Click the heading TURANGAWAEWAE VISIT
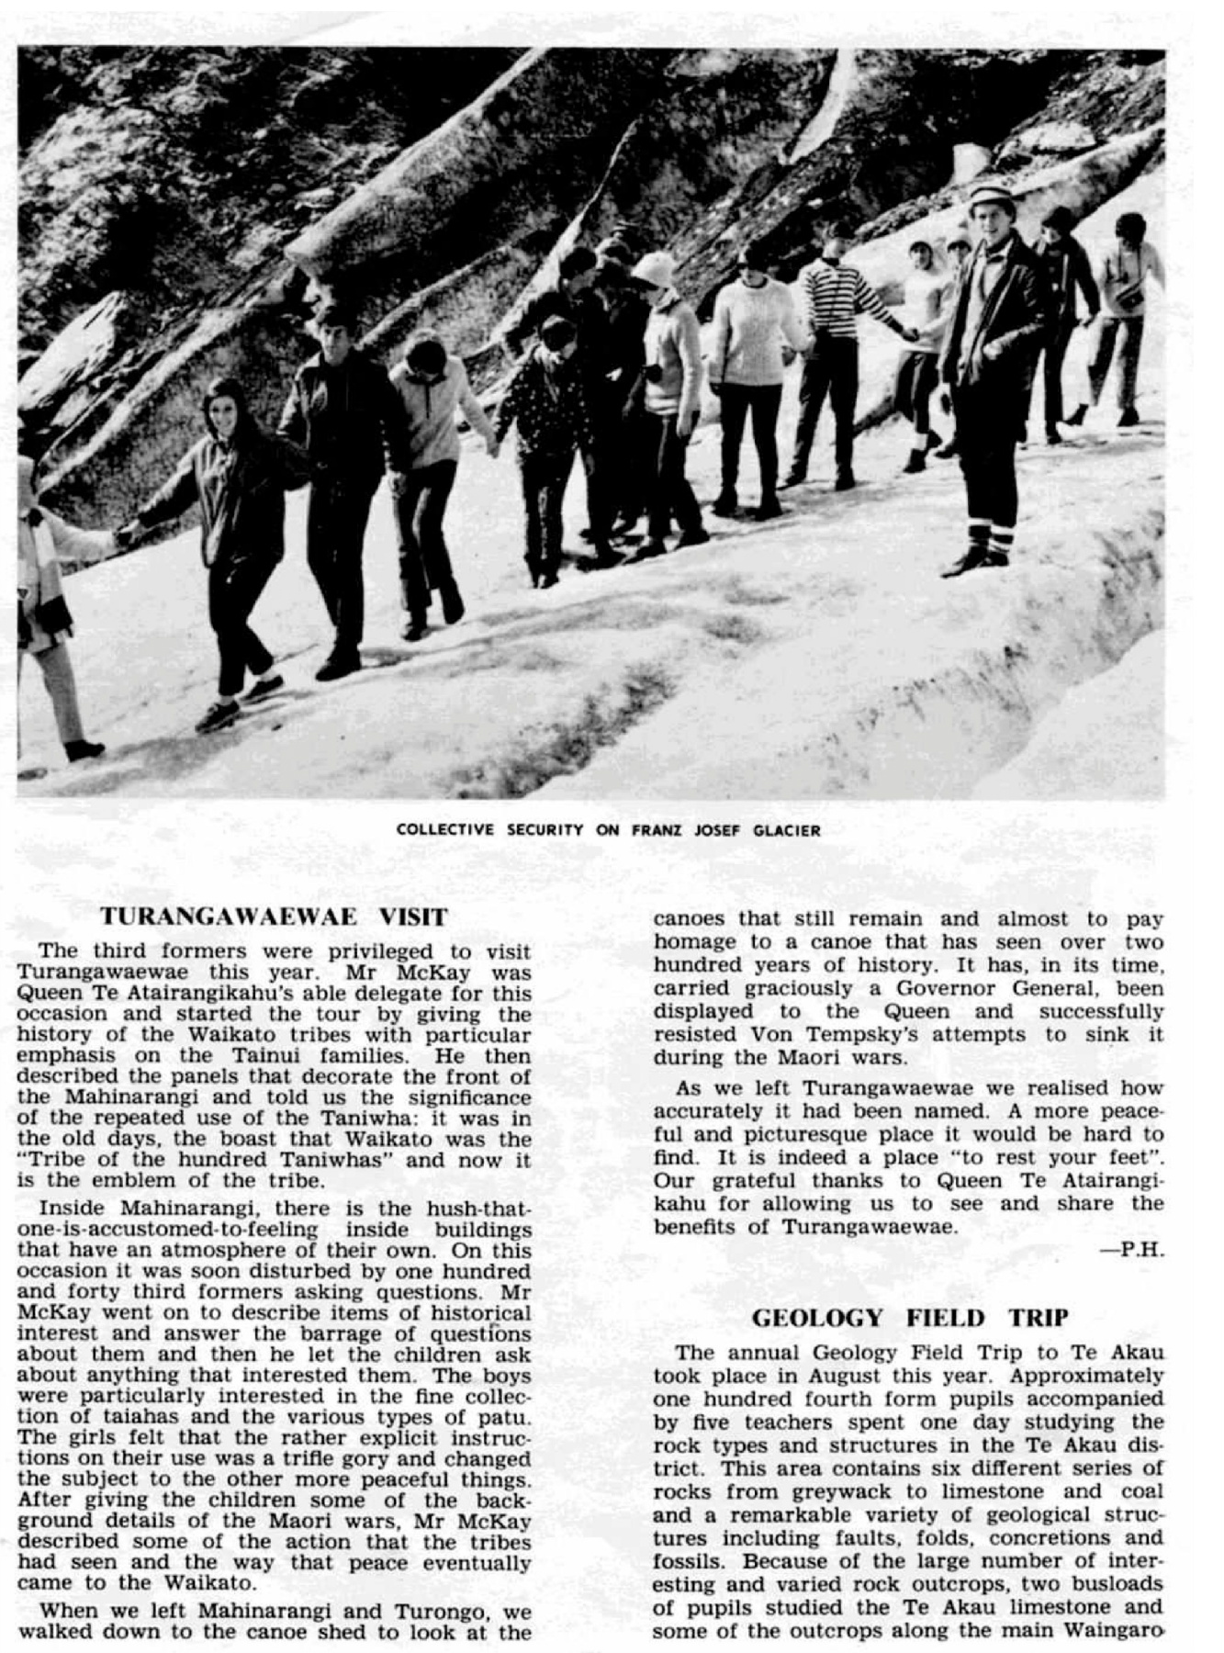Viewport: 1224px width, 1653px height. (x=274, y=916)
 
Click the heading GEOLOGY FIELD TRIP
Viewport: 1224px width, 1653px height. (x=909, y=1318)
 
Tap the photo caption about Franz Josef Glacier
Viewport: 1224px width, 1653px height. (x=608, y=830)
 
